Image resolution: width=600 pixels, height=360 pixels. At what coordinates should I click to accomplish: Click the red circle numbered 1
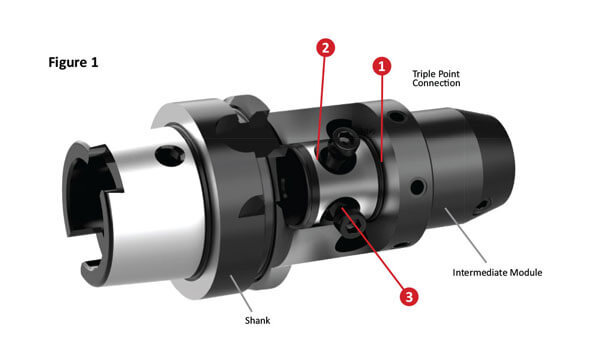382,67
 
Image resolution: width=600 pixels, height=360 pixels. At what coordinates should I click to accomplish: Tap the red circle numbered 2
325,48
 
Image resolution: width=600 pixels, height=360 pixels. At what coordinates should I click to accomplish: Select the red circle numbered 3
409,296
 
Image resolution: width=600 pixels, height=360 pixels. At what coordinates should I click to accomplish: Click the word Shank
257,320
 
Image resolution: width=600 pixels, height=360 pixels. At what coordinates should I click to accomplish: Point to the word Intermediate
479,272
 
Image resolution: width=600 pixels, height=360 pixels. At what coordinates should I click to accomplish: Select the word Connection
436,83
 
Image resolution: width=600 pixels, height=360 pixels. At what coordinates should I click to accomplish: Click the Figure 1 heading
73,62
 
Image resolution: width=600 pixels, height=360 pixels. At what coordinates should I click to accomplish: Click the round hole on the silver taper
170,155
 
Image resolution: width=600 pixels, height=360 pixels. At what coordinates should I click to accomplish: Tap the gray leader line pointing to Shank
241,294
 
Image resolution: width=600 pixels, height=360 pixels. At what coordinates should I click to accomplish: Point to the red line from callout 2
321,108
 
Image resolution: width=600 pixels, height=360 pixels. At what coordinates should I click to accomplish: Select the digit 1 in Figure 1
94,62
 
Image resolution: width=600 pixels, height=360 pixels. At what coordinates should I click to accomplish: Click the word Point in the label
449,74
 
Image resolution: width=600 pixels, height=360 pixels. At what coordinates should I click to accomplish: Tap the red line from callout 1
382,118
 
